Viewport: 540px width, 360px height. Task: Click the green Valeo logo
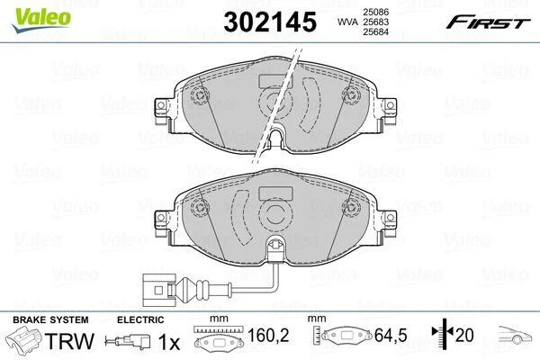41,19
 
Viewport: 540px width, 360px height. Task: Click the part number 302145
270,22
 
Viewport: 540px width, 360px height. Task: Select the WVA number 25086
375,12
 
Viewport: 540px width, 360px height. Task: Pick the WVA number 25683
375,22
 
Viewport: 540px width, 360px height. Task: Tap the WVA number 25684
375,31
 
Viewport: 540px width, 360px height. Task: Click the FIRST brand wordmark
488,22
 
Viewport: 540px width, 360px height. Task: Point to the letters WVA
348,22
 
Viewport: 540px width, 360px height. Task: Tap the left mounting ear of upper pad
162,111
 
